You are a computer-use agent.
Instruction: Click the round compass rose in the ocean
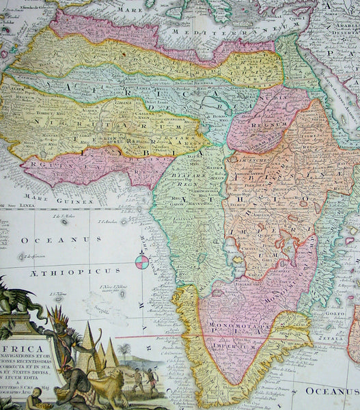tap(142, 260)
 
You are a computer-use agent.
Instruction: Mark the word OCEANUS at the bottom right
tap(332, 391)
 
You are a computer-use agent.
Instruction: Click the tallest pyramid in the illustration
tap(89, 345)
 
